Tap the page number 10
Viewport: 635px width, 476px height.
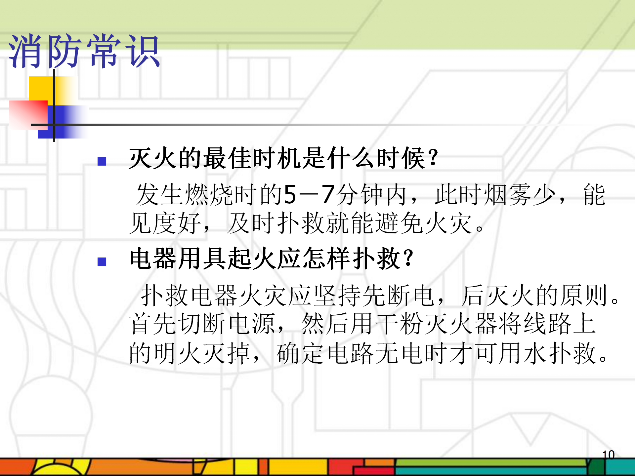[608, 455]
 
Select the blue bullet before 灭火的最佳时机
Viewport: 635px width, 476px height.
[102, 161]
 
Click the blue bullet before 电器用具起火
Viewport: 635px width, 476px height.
[102, 262]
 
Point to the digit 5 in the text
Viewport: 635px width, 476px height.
[290, 194]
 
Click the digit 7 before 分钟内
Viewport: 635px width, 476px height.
[328, 194]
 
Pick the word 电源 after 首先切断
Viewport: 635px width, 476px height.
[252, 324]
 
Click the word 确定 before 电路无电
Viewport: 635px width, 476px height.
[301, 353]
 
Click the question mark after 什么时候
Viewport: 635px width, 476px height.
[433, 158]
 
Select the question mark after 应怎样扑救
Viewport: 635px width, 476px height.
[409, 258]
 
